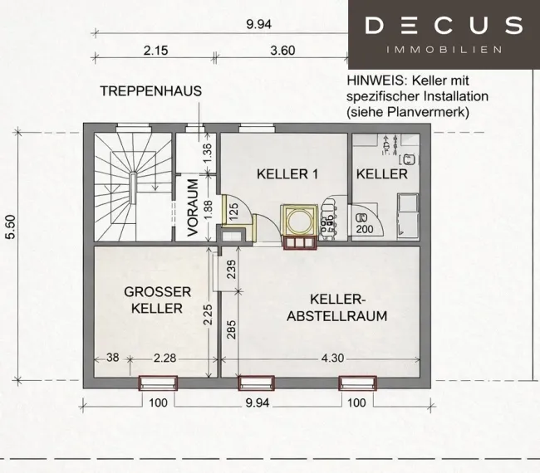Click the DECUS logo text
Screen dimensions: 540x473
tap(444, 25)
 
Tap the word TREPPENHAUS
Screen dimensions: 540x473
tap(151, 91)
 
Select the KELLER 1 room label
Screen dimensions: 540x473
tap(287, 174)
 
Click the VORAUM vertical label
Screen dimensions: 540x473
tap(194, 207)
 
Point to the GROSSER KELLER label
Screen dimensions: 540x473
tap(157, 300)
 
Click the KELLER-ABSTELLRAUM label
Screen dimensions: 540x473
tap(337, 308)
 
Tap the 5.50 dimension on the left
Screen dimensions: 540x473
tap(11, 227)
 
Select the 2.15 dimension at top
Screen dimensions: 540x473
tap(155, 51)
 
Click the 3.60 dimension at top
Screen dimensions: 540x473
tap(282, 51)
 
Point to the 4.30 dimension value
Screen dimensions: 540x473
tap(332, 358)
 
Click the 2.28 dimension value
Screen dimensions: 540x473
tap(164, 358)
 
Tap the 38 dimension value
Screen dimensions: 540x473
tap(113, 358)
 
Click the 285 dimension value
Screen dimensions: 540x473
tap(232, 329)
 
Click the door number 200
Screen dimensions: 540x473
tap(365, 229)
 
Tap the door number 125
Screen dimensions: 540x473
tap(233, 212)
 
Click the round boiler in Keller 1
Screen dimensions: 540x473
tap(299, 222)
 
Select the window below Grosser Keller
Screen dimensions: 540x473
tap(158, 383)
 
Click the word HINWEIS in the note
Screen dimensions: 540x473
tap(376, 80)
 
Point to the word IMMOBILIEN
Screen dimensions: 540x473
tap(444, 50)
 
